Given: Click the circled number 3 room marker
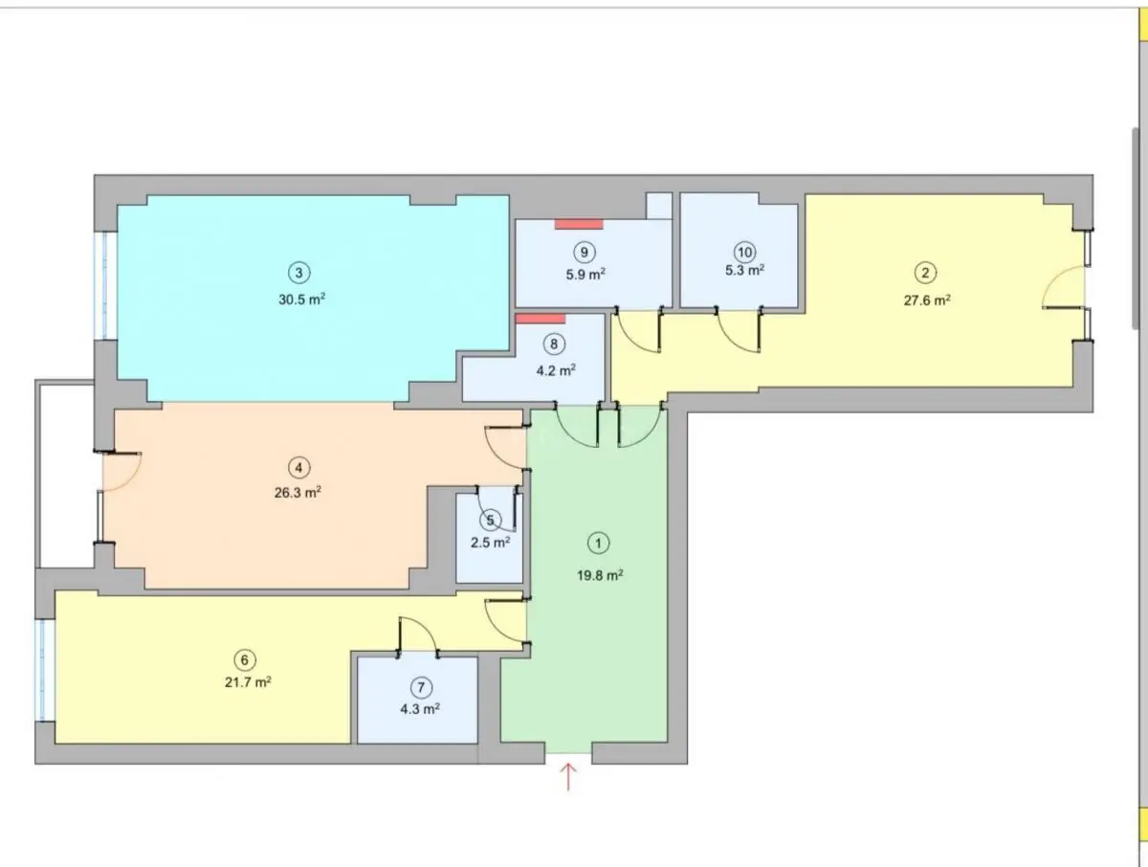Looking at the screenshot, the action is coord(299,273).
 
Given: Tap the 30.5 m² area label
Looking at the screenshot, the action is coord(301,300).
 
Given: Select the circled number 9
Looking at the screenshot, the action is coord(585,253).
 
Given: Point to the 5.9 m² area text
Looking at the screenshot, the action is coord(585,274).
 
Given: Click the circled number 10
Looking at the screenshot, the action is coord(744,253).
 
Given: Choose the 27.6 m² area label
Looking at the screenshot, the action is coord(927,300).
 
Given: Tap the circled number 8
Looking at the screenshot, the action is coord(554,345).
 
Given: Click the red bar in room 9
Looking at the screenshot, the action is coord(579,224).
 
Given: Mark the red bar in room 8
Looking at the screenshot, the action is coord(541,319).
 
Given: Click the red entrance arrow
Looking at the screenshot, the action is coord(568,776).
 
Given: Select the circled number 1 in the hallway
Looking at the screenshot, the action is coord(598,544).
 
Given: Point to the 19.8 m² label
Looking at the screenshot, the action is coord(600,575).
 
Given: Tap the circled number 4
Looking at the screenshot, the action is coord(298,468).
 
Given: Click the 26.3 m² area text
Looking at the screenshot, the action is coord(298,493).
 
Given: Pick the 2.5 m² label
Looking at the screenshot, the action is coord(490,543).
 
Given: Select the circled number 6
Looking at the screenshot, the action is coord(245,660).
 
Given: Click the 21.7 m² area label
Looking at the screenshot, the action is coord(248,682).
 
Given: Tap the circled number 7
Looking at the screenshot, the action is coord(422,688).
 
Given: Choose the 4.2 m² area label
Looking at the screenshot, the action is coord(556,370).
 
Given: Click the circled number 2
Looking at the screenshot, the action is coord(925,273).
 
